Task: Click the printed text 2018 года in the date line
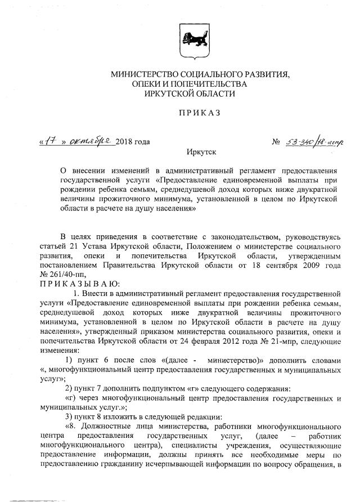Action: [x=133, y=142]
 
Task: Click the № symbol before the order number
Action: [x=276, y=142]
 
